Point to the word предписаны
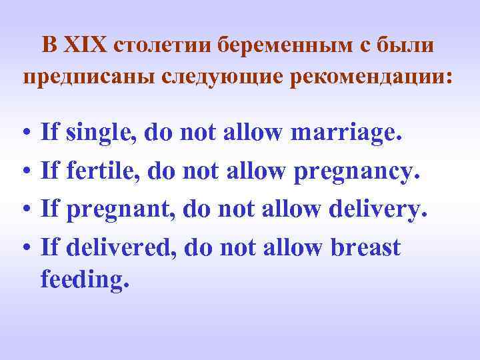point(88,78)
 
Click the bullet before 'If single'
point(24,134)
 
